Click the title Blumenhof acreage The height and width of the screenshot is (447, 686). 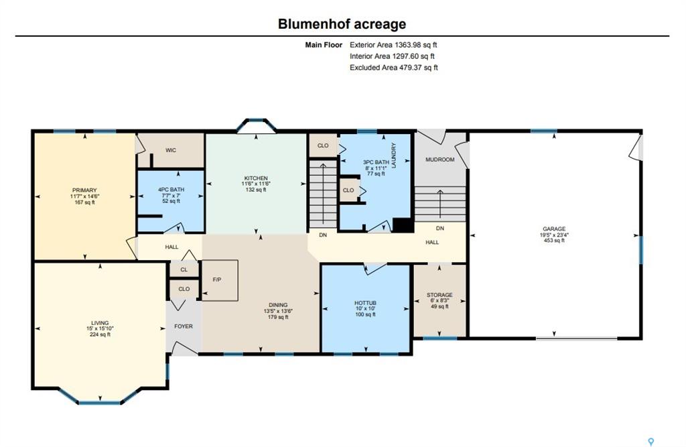342,24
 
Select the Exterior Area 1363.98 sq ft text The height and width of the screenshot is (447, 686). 393,45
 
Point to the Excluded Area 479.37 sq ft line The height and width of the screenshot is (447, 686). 394,68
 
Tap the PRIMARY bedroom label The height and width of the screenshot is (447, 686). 84,190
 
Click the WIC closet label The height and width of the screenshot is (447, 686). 171,150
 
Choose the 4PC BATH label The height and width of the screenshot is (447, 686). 171,190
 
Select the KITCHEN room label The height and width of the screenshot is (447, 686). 256,178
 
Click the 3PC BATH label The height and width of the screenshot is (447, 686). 376,162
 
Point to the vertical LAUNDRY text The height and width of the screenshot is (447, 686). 394,155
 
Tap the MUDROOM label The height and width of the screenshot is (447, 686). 440,159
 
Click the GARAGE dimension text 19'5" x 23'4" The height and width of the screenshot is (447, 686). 554,235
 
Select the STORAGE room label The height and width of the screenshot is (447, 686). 439,295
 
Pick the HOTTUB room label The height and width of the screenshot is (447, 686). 365,303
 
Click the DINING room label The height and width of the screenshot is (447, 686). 278,305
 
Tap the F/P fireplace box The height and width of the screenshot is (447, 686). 220,280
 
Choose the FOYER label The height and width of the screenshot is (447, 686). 184,326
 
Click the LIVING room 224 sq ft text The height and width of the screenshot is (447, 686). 100,334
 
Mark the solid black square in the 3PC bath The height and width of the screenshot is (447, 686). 403,225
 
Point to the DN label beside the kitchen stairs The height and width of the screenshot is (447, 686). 323,235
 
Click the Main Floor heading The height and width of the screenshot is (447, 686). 324,45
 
